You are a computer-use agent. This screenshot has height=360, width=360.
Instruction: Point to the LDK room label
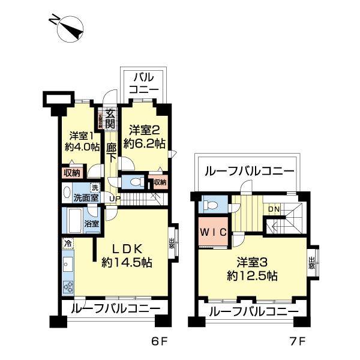click(125, 254)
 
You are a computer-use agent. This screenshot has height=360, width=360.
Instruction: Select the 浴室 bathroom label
click(91, 224)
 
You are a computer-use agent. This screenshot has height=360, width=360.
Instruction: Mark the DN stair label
click(273, 209)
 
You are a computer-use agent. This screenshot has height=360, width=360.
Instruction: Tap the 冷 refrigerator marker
click(67, 244)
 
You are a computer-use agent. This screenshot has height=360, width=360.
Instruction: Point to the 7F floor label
click(299, 343)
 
